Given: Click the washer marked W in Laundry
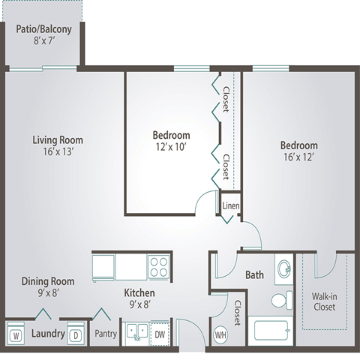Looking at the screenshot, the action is pos(16,333).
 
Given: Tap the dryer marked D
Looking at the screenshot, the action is pos(76,333).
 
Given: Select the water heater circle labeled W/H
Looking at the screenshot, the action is pos(220,334).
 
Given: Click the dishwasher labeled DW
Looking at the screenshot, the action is pos(160,334).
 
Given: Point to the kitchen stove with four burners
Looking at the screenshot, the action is pos(159,267).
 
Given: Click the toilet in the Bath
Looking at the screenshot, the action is pos(282,300).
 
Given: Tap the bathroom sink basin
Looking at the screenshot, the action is pos(284,269).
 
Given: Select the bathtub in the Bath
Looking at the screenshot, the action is pos(271,331).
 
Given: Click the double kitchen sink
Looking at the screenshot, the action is pos(136,332).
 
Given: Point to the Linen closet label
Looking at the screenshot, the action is pos(231,205).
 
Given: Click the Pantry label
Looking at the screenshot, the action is pos(106,334).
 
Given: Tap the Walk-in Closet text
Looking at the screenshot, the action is pos(324,301).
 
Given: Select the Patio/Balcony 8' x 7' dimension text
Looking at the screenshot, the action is pos(44,40).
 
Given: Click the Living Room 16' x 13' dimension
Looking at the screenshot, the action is pos(58,151).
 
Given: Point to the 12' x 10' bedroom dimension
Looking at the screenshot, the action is pos(171,147).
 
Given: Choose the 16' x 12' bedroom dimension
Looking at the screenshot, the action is pos(298,157).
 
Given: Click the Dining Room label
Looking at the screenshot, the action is pos(48,281).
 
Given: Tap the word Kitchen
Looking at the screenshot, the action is pos(139,293).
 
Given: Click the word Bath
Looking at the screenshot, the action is pos(254,275).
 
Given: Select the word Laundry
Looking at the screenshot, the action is pos(48,334).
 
